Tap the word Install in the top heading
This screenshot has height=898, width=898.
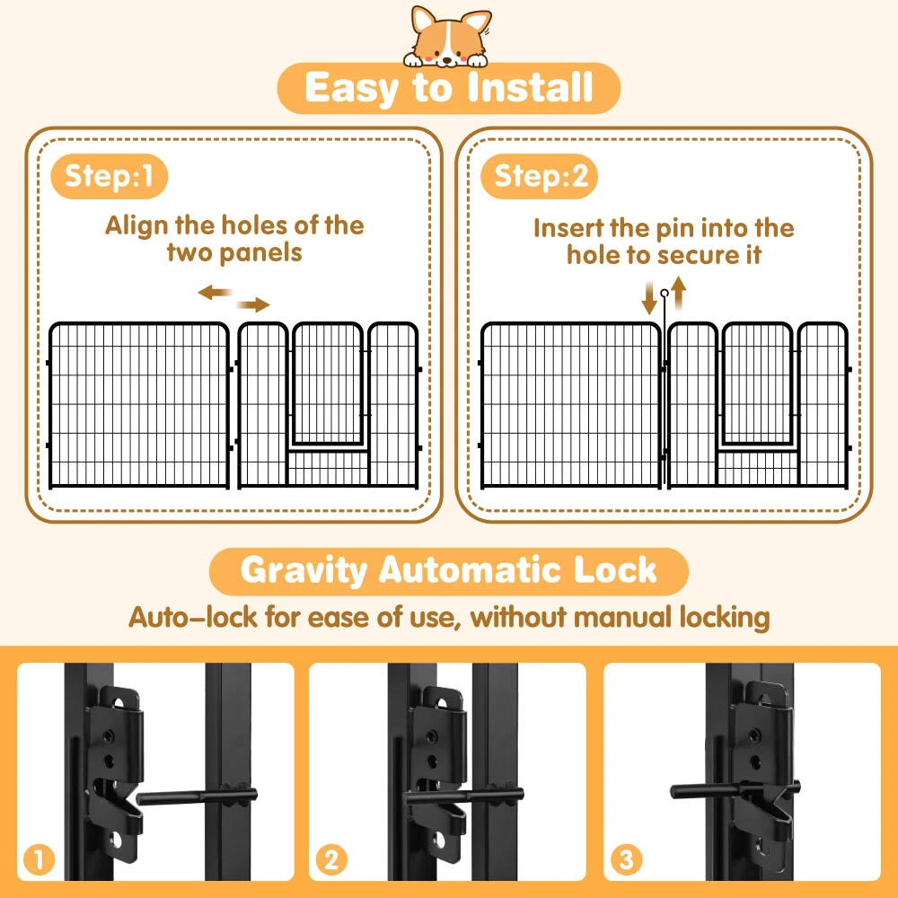pyautogui.click(x=530, y=88)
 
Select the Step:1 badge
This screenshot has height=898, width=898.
pyautogui.click(x=110, y=176)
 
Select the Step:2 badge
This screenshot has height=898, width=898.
pyautogui.click(x=539, y=176)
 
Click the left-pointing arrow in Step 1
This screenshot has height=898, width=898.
pyautogui.click(x=215, y=293)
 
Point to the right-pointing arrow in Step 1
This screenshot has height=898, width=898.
pyautogui.click(x=253, y=304)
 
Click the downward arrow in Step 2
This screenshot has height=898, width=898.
pyautogui.click(x=649, y=298)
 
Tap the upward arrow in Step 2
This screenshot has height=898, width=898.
pyautogui.click(x=679, y=293)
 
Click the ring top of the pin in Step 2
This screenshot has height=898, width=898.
pyautogui.click(x=665, y=294)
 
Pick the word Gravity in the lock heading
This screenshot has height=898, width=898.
pyautogui.click(x=304, y=571)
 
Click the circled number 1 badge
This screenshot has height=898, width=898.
pyautogui.click(x=39, y=859)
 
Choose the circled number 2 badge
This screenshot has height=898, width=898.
pyautogui.click(x=331, y=859)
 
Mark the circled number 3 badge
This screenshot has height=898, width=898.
pyautogui.click(x=626, y=859)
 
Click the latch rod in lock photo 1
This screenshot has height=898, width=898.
pyautogui.click(x=197, y=796)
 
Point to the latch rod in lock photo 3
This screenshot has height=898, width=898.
pyautogui.click(x=735, y=790)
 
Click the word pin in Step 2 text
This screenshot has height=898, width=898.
pyautogui.click(x=675, y=229)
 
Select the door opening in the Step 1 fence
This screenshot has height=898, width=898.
pyautogui.click(x=328, y=384)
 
